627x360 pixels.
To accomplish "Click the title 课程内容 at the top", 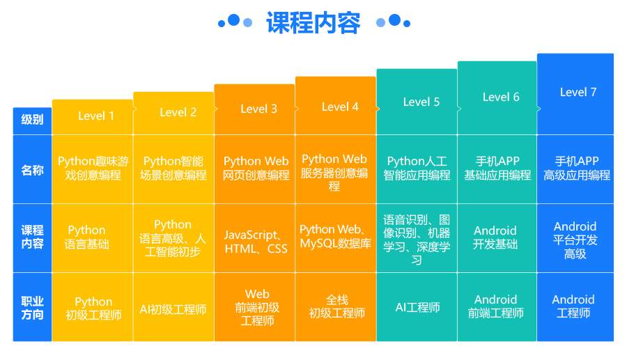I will point(313,23).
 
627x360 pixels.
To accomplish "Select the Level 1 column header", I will point(96,116).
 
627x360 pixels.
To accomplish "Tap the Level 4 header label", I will point(340,107).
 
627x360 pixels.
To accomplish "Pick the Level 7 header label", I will point(578,92).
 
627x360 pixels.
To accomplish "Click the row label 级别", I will point(32,119).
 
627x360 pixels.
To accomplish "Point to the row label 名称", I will point(32,169).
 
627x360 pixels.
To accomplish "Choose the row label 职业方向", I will point(32,308).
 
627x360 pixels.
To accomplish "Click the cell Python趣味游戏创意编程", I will point(93,169).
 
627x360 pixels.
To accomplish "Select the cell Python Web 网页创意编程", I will point(256,169).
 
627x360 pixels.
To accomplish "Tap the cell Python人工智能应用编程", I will point(417,169).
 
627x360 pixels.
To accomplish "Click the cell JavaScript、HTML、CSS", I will point(256,242).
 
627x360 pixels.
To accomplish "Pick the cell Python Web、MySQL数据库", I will point(335,237).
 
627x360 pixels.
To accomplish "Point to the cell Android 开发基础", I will point(495,237).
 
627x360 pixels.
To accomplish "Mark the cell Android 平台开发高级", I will point(575,240).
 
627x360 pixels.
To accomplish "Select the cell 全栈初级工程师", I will point(337,306).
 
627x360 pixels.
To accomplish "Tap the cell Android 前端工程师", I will point(495,306).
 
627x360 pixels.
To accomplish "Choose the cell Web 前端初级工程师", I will point(257,308).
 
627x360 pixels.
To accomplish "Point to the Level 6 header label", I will point(501,97).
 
